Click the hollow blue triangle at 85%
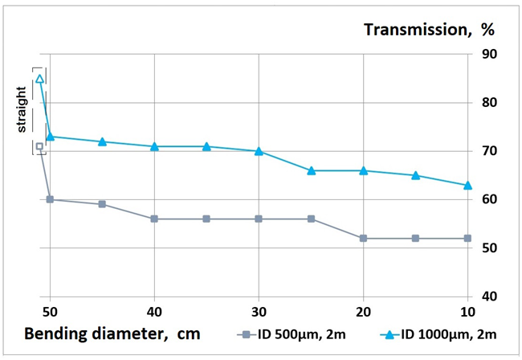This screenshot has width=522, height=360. point(39,79)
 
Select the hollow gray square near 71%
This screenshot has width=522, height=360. point(39,146)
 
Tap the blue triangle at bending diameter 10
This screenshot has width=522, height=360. point(467,185)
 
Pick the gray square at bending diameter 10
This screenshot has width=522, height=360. point(467,238)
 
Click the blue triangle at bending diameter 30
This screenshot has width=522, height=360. point(259,151)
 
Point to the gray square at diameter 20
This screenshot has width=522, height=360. point(363,238)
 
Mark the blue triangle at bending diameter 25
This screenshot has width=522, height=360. point(311,170)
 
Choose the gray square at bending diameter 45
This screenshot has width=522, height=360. point(102,204)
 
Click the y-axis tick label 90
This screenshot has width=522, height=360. point(489,55)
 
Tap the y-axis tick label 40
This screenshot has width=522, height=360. point(489,297)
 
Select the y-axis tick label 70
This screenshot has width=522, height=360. point(489,151)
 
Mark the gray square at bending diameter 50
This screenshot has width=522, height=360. point(50,199)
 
